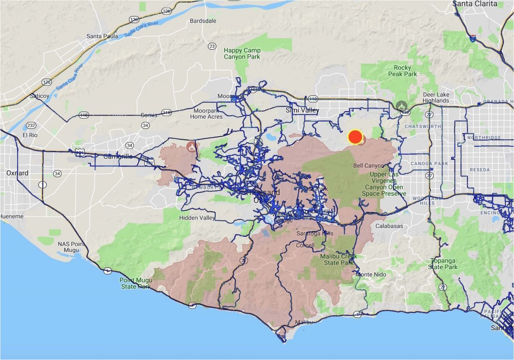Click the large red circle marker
tap(355, 137)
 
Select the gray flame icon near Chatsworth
tap(401, 105)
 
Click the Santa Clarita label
tap(475, 4)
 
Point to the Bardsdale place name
tap(203, 21)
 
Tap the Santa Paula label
tap(102, 36)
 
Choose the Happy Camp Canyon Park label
tap(242, 54)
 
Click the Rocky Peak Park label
tap(402, 71)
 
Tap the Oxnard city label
tap(18, 173)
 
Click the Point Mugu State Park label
tap(135, 283)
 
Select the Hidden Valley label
tap(197, 218)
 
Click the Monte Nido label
tap(371, 274)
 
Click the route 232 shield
tap(30, 125)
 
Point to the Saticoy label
tap(39, 96)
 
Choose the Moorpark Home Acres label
tap(206, 113)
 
